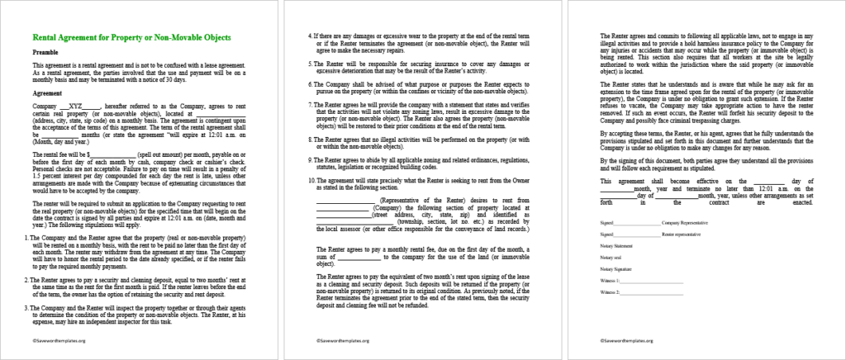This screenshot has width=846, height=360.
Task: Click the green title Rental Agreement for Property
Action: (131, 38)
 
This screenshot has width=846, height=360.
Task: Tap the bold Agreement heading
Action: (48, 93)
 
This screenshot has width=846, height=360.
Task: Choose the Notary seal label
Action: (612, 258)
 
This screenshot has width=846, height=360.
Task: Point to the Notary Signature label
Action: (619, 269)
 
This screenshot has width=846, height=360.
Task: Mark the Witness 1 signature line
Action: (653, 282)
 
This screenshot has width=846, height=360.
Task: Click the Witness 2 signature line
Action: (653, 293)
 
